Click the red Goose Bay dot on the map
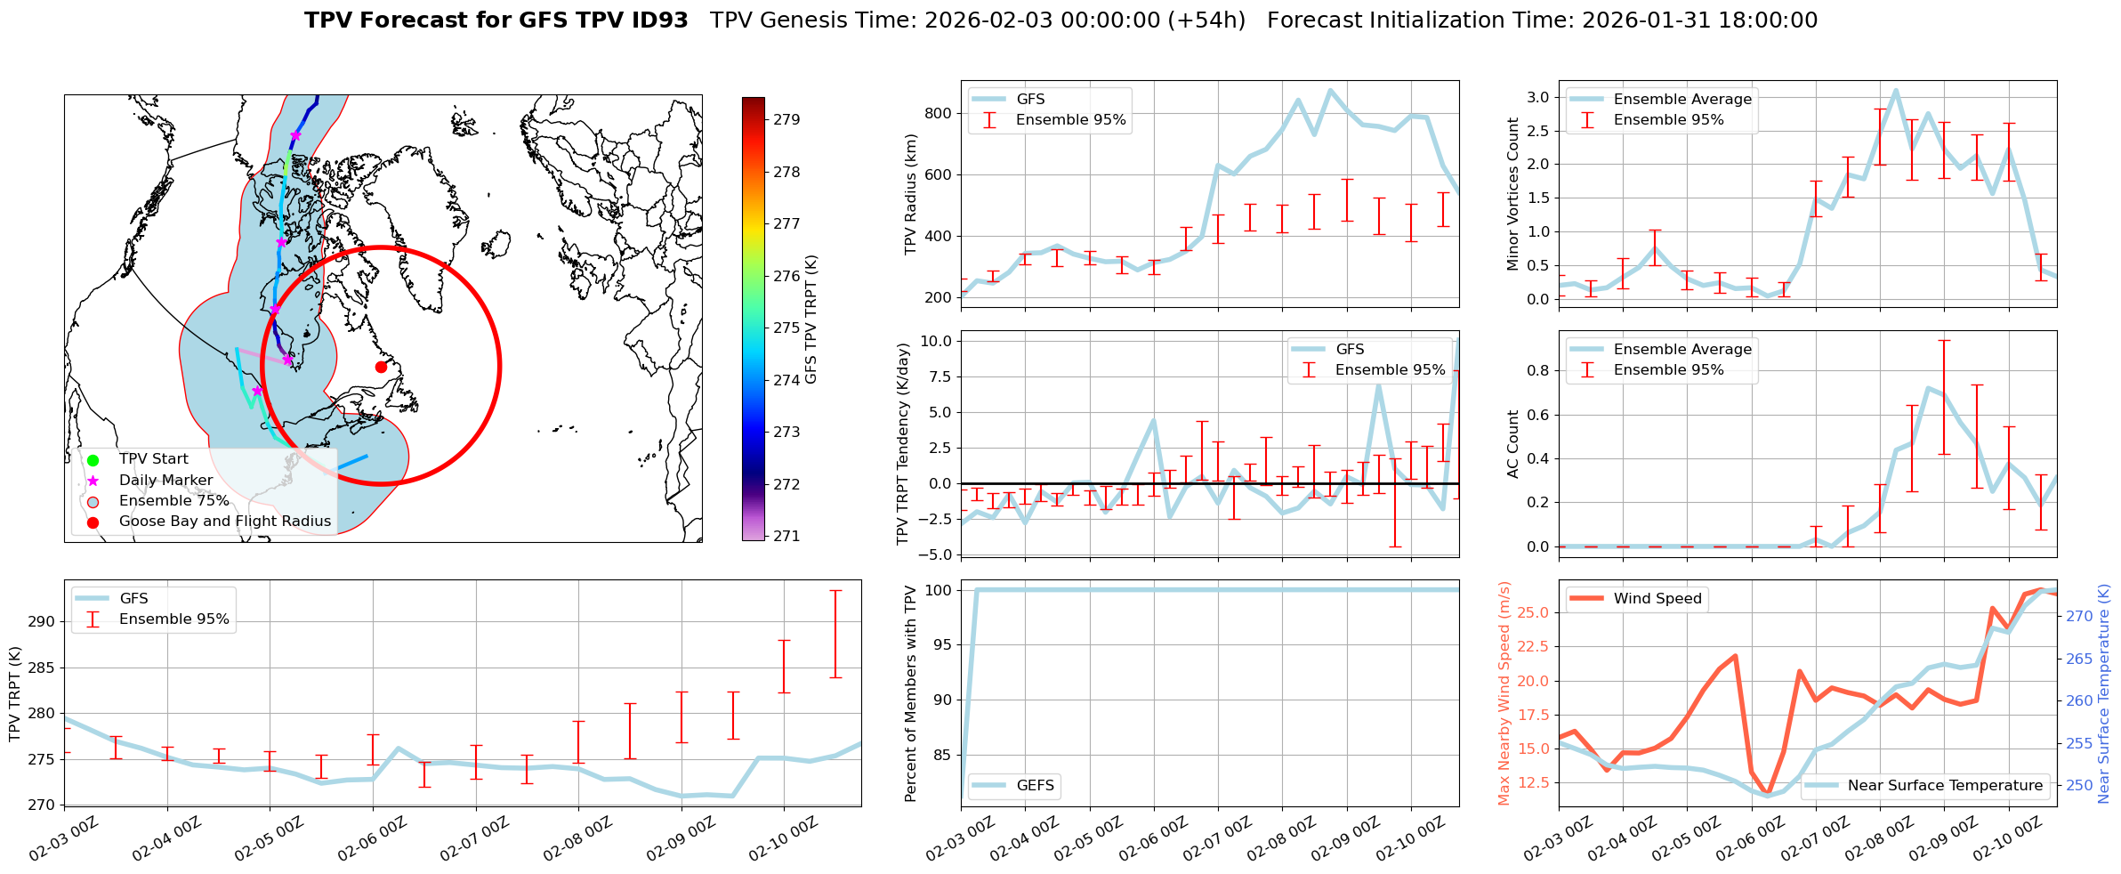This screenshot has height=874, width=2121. pos(381,367)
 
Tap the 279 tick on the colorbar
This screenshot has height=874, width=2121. pos(786,119)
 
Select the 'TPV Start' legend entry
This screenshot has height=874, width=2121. pos(153,459)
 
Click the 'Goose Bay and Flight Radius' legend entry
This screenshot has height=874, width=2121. pos(224,522)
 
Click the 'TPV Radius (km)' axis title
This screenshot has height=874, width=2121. pos(910,194)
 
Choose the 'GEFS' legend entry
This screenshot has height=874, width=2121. pos(1035,785)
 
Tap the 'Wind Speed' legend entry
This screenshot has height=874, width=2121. pos(1657,599)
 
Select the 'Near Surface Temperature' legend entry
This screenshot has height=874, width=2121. pos(1945,785)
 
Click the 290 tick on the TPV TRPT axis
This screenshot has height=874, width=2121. pos(41,621)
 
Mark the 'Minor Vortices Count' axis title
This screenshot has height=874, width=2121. pos(1512,194)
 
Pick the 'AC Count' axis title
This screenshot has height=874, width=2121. pos(1512,444)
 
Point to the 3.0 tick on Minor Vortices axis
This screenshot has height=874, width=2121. pos(1537,97)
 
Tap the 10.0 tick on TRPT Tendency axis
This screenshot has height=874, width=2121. pos(936,341)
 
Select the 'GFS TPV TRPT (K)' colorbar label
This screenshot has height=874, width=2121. pos(810,320)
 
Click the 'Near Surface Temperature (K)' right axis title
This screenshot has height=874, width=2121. pos(2103,694)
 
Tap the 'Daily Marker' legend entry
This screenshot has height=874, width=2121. pos(165,481)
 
